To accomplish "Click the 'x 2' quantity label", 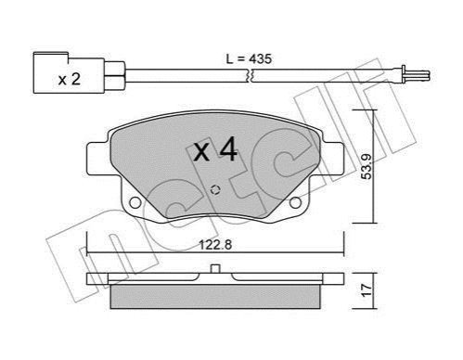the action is (x=70, y=80).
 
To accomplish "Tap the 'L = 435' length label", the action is (x=249, y=58).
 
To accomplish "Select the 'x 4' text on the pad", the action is (x=215, y=150).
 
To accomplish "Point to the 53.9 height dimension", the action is (x=367, y=167).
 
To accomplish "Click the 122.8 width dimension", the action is (x=215, y=245).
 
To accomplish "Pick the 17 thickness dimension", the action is (x=367, y=290).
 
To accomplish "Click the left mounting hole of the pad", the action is (x=135, y=202).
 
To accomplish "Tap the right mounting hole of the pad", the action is (x=295, y=202).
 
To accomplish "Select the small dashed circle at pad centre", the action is (x=215, y=190).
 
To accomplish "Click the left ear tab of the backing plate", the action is (x=96, y=158).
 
